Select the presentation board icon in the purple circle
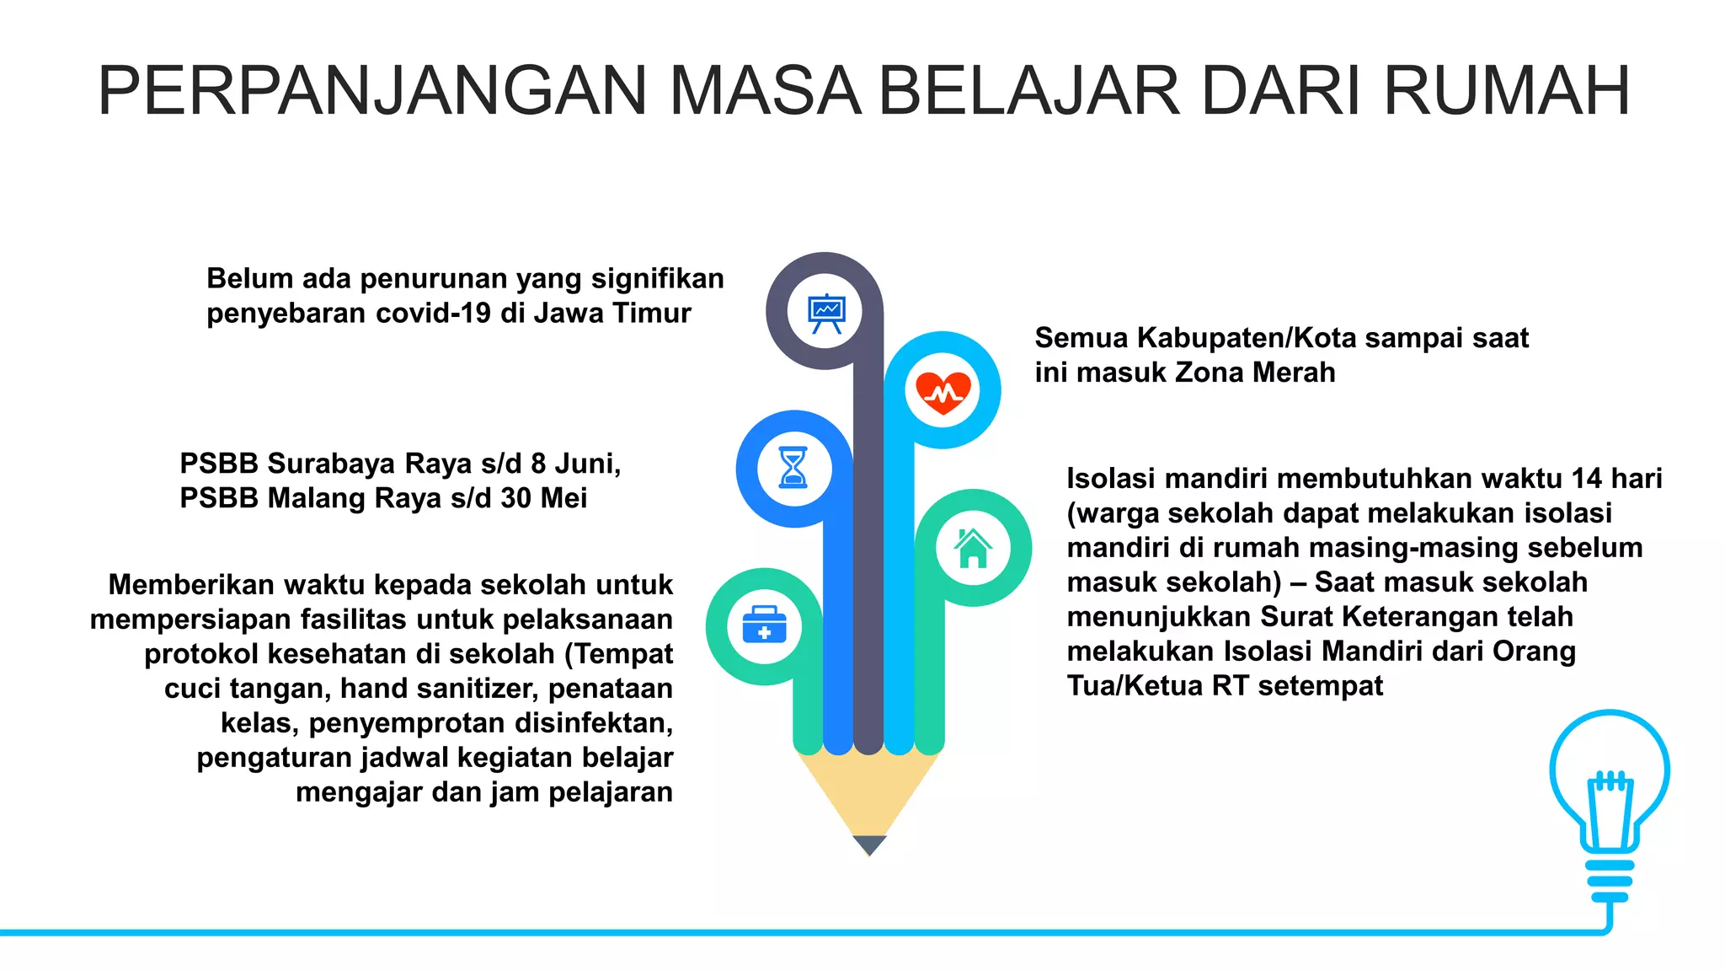pos(825,312)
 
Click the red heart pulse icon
pos(943,391)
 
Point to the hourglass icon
pos(794,468)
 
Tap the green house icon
pos(973,548)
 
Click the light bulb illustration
pos(1609,801)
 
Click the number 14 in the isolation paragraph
pos(1587,479)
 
